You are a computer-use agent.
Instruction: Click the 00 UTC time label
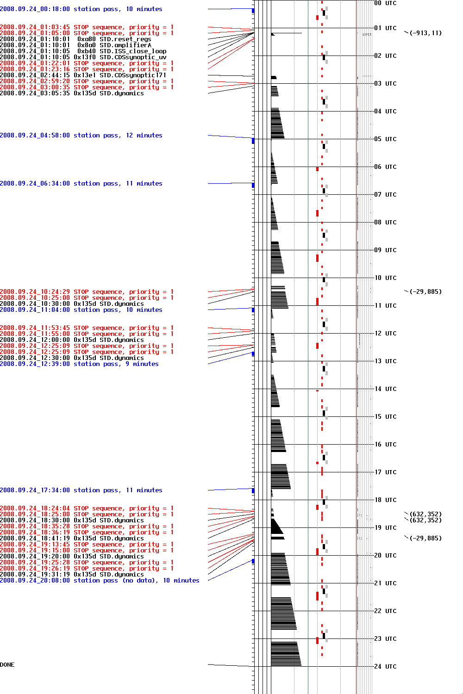(x=385, y=3)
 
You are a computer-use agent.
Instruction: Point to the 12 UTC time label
(x=385, y=333)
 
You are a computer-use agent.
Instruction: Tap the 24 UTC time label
(x=385, y=666)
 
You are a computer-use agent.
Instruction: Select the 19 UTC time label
(x=385, y=527)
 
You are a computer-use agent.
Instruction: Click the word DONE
(x=7, y=665)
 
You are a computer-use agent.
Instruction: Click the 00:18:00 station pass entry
(x=81, y=9)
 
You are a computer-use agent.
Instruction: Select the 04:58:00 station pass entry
(x=81, y=136)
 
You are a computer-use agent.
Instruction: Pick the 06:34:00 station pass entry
(x=81, y=184)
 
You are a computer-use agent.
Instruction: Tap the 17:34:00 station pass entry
(x=81, y=490)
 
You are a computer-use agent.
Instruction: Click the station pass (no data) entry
(x=100, y=581)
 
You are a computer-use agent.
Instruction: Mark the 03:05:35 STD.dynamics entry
(x=72, y=93)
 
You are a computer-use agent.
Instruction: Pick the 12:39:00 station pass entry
(x=79, y=364)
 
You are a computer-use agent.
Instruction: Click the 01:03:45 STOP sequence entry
(x=87, y=27)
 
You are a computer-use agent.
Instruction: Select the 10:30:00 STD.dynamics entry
(x=72, y=304)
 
